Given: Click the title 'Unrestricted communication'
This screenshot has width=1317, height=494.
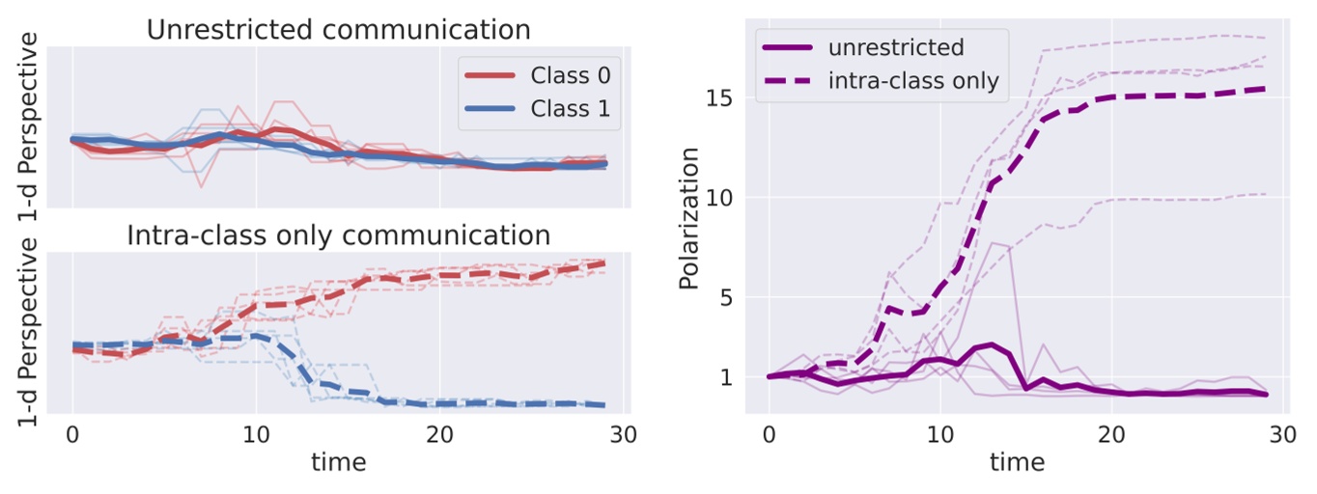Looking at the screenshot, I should [338, 29].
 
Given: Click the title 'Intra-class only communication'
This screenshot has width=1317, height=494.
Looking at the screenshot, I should [338, 235].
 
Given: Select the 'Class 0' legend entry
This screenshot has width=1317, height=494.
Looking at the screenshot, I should [570, 75].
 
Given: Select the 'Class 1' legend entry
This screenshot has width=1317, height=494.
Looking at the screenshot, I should [570, 109].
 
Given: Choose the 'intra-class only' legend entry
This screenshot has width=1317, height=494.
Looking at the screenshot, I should [912, 80].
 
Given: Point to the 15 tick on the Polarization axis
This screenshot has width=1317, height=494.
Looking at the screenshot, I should [729, 98].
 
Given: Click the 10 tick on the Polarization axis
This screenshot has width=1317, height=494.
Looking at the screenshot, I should [729, 198].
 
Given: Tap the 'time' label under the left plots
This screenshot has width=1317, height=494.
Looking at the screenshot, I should [338, 462].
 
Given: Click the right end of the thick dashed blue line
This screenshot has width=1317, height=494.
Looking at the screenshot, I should [604, 405].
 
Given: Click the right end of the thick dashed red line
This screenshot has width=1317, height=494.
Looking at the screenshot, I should [604, 262].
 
